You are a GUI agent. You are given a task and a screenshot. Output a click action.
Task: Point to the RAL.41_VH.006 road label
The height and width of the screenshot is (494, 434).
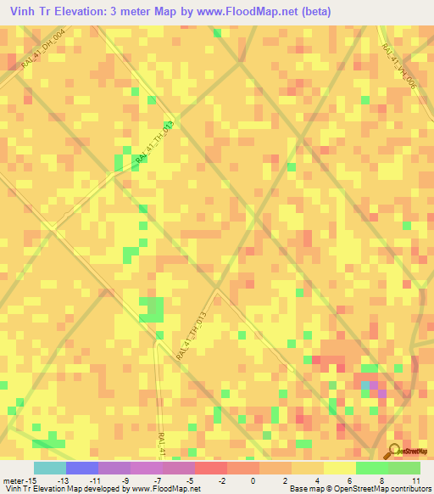pos(399,67)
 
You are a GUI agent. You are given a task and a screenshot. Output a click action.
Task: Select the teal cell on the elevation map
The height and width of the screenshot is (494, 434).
pos(365,385)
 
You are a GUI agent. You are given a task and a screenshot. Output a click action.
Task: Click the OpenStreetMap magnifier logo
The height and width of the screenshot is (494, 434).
pos(395,452)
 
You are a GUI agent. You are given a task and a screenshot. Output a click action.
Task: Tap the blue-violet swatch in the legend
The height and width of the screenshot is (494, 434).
pos(81,468)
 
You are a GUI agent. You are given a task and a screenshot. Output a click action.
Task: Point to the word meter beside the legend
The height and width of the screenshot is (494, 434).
pos(14,480)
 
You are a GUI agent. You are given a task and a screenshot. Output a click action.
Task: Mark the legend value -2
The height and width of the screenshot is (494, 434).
pos(221,480)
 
